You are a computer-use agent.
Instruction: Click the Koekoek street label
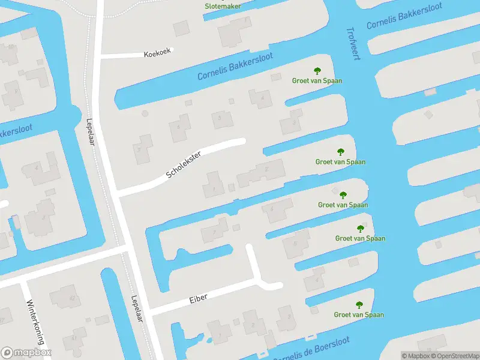(x=158, y=53)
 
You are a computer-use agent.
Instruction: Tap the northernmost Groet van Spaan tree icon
(x=317, y=71)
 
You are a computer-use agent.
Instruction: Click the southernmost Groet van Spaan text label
(x=359, y=314)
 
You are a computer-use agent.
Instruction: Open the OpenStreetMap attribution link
(x=454, y=356)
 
